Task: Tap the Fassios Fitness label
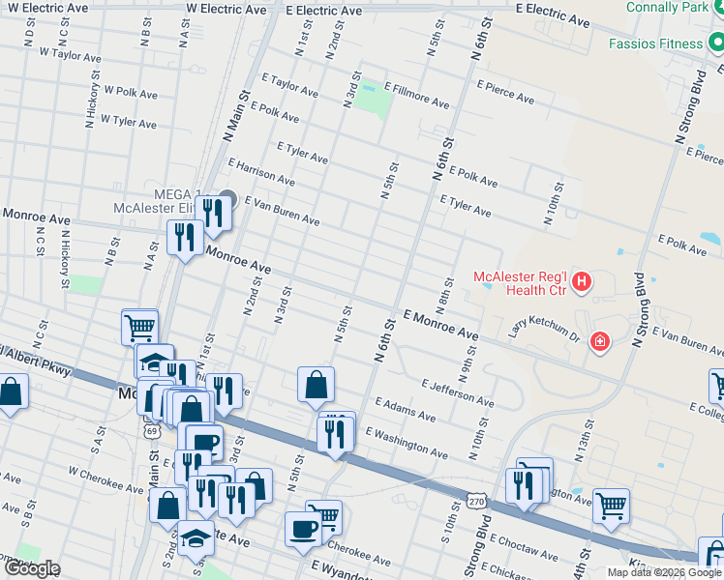pos(655,43)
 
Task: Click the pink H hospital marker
pos(582,282)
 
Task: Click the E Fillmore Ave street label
pos(416,95)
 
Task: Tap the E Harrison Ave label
pos(260,173)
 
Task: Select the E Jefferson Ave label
pos(458,391)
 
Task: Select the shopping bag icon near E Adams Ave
pos(316,385)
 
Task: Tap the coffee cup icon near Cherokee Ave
pos(302,530)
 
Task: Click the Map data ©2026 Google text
pos(664,572)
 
